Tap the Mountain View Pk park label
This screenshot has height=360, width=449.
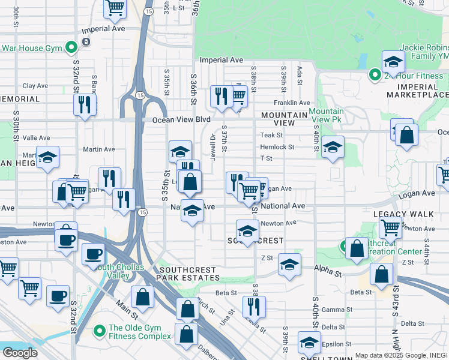(x=327, y=116)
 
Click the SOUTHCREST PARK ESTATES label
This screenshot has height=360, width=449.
(x=187, y=274)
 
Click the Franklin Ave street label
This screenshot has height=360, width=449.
(x=292, y=103)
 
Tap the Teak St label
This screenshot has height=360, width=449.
(x=267, y=135)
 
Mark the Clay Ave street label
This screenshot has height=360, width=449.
(x=35, y=86)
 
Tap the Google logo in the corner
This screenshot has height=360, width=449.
(x=20, y=353)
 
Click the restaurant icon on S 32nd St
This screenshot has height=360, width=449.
(x=85, y=104)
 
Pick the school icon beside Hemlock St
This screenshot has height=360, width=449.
(x=333, y=146)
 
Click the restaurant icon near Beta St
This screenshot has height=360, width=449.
(x=255, y=305)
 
